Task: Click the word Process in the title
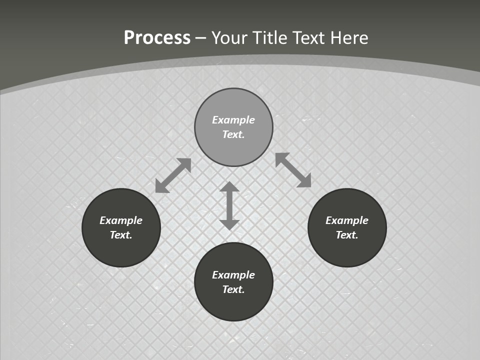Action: click(x=157, y=38)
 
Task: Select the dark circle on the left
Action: click(x=121, y=250)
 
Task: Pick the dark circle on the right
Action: click(x=347, y=250)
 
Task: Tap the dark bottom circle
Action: click(x=233, y=305)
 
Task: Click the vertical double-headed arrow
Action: click(x=229, y=205)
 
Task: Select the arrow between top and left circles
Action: click(x=173, y=175)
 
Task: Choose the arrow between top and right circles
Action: click(x=293, y=170)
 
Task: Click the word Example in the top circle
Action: click(x=233, y=120)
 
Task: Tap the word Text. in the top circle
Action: click(x=233, y=134)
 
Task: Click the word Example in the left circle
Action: click(x=121, y=220)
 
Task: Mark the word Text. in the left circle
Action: click(x=121, y=235)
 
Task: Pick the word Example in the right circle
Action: click(x=347, y=220)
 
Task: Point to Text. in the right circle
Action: click(x=347, y=235)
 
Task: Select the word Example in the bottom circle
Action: click(x=233, y=275)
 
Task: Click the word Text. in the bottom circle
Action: click(x=233, y=289)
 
